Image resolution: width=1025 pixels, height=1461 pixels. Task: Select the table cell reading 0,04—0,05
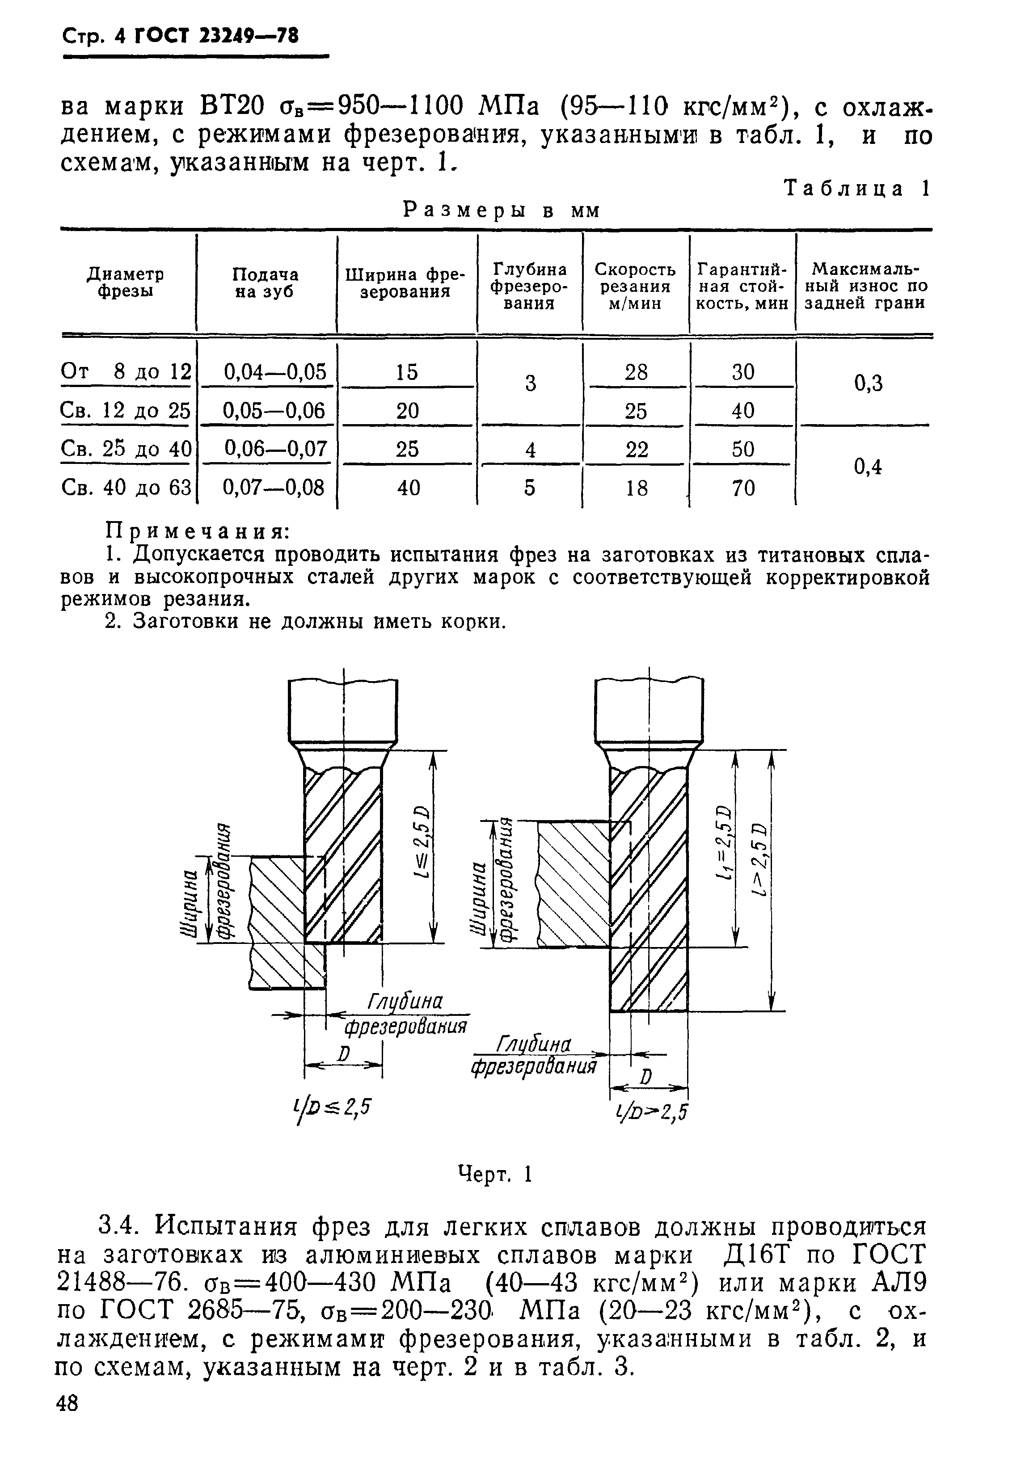click(275, 371)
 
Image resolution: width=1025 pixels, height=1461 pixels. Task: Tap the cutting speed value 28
click(636, 371)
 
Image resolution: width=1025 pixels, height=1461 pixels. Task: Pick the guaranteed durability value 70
click(742, 488)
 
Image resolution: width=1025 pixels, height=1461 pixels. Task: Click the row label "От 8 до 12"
click(126, 371)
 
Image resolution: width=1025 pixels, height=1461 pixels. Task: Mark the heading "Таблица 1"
click(856, 189)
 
